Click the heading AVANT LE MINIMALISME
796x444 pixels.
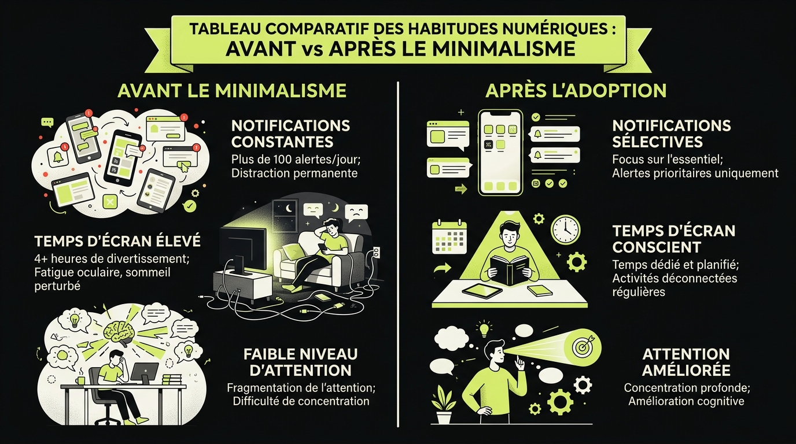(x=232, y=91)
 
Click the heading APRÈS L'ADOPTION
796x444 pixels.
(x=576, y=91)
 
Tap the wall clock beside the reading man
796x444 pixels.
(x=565, y=230)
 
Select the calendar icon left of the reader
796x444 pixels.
(x=449, y=236)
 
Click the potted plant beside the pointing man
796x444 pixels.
(x=444, y=405)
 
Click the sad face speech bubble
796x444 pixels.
(x=356, y=213)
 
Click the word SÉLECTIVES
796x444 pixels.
(x=657, y=142)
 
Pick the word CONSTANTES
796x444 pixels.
(x=282, y=142)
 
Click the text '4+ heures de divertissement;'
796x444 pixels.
(x=112, y=258)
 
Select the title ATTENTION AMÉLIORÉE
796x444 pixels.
(x=686, y=362)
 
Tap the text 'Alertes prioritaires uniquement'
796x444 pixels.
(x=695, y=173)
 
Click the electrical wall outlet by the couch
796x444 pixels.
(x=377, y=253)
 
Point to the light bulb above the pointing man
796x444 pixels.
(x=484, y=328)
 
